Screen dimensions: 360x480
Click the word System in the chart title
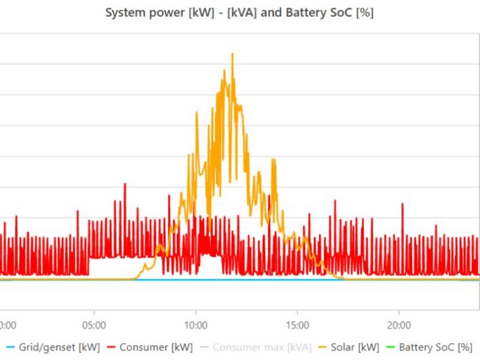click(x=122, y=13)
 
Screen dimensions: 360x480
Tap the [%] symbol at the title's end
click(x=364, y=13)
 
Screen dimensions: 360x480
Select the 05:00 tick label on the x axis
click(x=94, y=325)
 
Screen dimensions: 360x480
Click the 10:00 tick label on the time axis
click(x=196, y=325)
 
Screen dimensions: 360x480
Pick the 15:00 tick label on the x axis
click(x=298, y=325)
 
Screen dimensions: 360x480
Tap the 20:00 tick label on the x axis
click(x=400, y=325)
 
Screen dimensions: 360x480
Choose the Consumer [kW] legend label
click(x=156, y=347)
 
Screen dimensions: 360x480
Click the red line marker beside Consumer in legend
click(x=110, y=347)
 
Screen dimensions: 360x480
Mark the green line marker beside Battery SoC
click(x=390, y=347)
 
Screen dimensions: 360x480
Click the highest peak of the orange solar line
click(x=232, y=54)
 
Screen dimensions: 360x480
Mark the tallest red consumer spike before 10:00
click(x=125, y=184)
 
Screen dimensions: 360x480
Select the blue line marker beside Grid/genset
click(x=10, y=347)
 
